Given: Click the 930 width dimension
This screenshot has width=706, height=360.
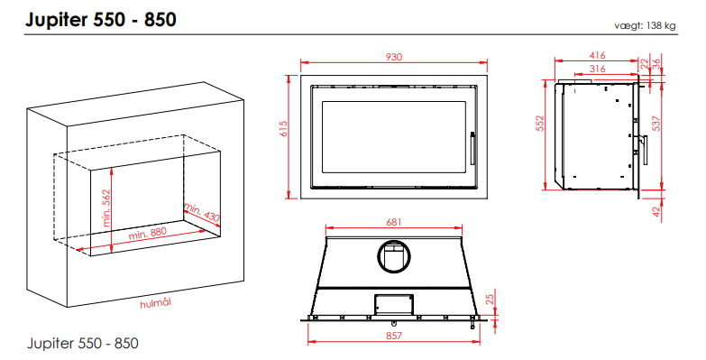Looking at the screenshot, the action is coord(393,57).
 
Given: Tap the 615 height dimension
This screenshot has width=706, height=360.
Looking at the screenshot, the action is coord(282,130).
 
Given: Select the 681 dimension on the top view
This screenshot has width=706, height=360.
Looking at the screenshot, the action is coord(393,222).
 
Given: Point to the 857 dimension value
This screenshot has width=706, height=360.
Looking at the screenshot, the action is coord(393,336).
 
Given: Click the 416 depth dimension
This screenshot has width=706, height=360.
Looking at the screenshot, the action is coord(597,55).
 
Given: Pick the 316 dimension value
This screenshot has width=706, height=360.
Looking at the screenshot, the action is coord(597,69).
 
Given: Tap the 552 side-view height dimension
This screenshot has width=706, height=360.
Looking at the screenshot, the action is coord(540,123).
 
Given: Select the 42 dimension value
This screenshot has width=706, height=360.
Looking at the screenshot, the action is coord(656,211).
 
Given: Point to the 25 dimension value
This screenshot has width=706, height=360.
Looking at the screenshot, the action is coord(490,298).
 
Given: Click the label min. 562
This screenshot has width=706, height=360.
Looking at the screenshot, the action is coord(106,208).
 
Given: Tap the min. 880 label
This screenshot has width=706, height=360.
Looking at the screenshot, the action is coord(148,234).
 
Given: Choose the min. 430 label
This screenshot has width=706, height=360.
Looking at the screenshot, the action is coord(202,213).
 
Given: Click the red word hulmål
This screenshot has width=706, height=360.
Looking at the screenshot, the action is coord(156,303).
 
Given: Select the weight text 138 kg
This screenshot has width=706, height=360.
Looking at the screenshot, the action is coord(661,25).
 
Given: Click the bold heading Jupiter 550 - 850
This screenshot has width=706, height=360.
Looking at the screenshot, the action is coord(101,20).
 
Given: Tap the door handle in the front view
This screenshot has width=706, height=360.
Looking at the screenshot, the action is coord(472,148).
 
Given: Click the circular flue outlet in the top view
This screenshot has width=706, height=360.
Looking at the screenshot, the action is coord(393,257).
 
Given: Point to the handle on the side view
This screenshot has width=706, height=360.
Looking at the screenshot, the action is coord(645,150).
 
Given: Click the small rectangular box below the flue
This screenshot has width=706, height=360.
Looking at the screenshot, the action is coord(394,304).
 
